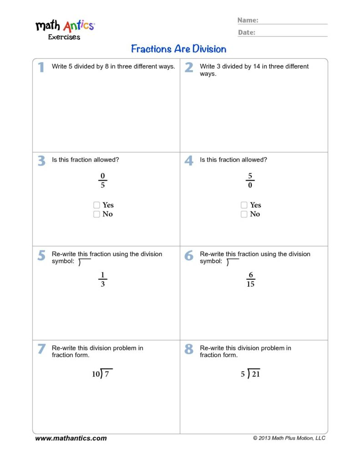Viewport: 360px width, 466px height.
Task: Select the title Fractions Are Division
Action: [178, 49]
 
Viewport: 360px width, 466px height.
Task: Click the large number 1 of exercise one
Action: [41, 68]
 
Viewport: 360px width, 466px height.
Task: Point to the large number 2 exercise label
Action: [189, 68]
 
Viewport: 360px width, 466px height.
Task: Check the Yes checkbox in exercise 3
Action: [96, 205]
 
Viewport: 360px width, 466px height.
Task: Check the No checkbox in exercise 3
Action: [96, 214]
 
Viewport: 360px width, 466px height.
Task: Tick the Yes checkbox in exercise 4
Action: [244, 205]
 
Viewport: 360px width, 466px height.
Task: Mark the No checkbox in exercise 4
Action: [244, 214]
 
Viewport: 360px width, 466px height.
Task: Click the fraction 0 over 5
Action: [102, 181]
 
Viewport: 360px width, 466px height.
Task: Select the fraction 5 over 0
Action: [250, 181]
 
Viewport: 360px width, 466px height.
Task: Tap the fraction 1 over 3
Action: [102, 279]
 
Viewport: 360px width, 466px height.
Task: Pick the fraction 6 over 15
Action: [250, 279]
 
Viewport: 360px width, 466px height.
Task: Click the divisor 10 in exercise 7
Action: [96, 375]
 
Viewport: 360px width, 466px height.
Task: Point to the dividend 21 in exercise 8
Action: [256, 375]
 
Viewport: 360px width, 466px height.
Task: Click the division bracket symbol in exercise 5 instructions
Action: [84, 262]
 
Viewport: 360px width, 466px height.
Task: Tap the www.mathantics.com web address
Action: [71, 438]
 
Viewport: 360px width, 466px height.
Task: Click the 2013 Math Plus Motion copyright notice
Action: [289, 438]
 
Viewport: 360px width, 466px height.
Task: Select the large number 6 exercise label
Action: [189, 256]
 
